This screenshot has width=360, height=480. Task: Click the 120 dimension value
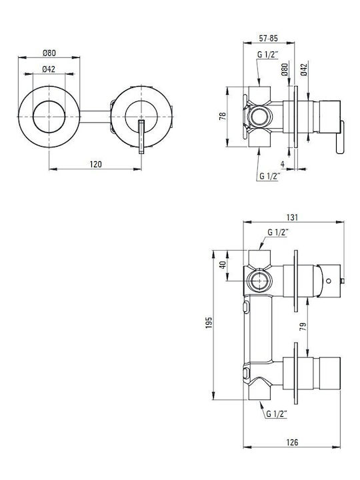(95, 165)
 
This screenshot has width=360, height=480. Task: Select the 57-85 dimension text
(269, 38)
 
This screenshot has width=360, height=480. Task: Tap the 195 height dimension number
(209, 323)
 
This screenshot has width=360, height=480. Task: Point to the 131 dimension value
(292, 217)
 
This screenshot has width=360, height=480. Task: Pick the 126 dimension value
(292, 443)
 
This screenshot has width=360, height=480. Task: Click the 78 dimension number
(223, 116)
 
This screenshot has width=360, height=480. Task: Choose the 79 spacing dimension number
(303, 327)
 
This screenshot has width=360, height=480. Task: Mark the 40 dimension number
(223, 265)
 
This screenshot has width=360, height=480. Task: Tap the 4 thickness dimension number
(283, 165)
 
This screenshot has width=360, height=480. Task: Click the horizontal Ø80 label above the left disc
(49, 53)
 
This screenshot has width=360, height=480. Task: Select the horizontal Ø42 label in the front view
(49, 69)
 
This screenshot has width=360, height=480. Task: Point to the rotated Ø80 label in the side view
(285, 69)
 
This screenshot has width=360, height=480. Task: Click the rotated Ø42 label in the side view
(304, 70)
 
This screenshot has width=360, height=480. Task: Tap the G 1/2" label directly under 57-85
(267, 55)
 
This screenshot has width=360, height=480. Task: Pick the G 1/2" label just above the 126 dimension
(277, 414)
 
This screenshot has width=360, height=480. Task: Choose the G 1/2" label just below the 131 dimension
(278, 233)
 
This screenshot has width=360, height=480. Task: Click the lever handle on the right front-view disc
(141, 137)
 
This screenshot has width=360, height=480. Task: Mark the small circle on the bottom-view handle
(329, 281)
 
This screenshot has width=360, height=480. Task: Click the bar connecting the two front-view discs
(95, 117)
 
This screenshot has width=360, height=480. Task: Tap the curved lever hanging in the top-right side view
(341, 137)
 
